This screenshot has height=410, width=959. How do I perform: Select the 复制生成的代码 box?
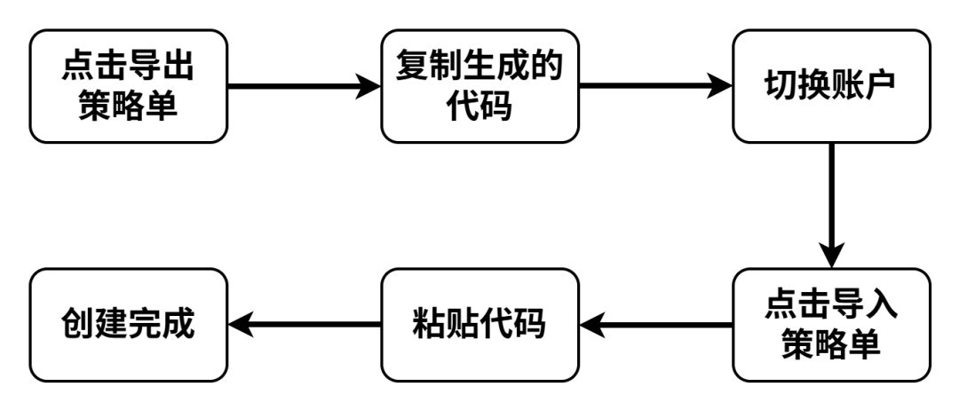click(x=479, y=86)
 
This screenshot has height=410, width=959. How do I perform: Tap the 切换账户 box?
click(x=831, y=86)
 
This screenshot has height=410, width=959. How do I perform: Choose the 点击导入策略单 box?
click(x=831, y=325)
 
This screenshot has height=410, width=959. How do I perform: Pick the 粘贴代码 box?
click(x=479, y=325)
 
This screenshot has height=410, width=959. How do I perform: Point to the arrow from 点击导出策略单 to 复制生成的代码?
click(x=303, y=86)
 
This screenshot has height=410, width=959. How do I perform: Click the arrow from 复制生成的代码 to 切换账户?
click(x=654, y=86)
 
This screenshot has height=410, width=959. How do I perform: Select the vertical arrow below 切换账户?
click(x=831, y=205)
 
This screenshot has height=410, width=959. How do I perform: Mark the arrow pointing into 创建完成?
click(x=303, y=326)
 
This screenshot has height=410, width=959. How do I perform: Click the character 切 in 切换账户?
click(x=781, y=87)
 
